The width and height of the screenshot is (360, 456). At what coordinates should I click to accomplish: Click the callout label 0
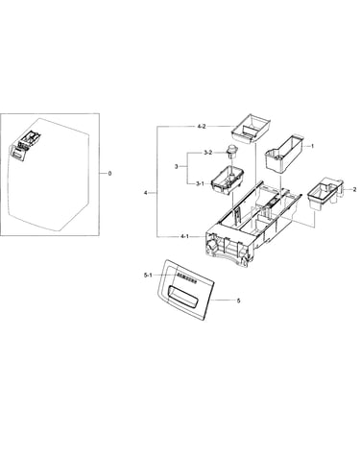(109, 174)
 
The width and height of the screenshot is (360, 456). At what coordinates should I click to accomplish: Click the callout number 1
(313, 146)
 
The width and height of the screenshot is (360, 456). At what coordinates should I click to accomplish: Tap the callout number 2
(354, 189)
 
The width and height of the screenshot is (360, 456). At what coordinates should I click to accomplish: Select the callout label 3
(176, 167)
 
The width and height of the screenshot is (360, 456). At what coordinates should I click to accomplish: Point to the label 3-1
(200, 183)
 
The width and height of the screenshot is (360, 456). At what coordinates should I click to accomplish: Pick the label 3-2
(207, 153)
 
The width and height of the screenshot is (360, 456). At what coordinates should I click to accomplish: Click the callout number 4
(146, 193)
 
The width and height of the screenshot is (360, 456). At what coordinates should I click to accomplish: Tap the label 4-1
(184, 236)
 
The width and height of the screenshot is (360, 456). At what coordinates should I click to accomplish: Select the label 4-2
(202, 127)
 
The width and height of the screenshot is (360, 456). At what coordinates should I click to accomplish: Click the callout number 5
(238, 300)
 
